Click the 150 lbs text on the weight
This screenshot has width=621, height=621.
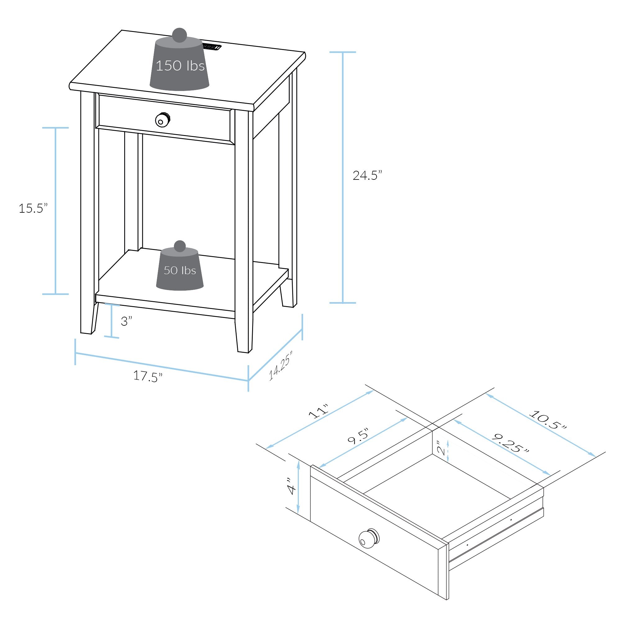pos(180,66)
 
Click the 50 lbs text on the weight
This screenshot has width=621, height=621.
pos(180,270)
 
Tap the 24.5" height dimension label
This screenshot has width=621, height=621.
pos(367,175)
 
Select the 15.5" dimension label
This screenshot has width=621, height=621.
pos(33,208)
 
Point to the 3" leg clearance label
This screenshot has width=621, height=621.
pos(126,321)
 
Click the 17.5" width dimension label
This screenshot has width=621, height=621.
pos(148,376)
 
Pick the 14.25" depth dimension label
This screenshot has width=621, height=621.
pos(280,366)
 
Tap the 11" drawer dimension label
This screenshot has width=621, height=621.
pos(319,410)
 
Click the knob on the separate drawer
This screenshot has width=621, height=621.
pos(369,538)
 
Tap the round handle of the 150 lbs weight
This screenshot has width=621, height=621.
pos(179,35)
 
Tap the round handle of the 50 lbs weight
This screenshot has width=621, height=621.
pos(180,246)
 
